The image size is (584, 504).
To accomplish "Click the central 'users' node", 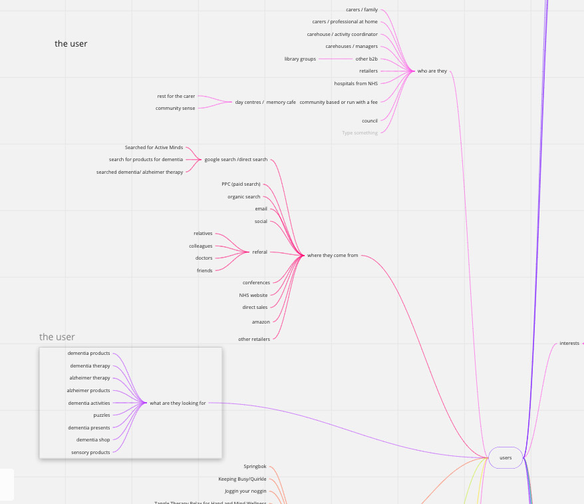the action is tap(506, 457).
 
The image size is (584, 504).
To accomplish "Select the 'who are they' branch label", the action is tap(432, 71).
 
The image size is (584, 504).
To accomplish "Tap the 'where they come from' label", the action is tap(332, 255).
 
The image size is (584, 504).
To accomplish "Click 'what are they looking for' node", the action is tap(178, 403).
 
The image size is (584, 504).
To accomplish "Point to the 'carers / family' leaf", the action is tap(361, 10).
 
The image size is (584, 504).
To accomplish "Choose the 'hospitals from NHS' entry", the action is tap(355, 84).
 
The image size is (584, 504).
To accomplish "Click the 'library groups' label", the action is tap(300, 59).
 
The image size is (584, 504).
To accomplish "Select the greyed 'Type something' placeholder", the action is tap(359, 133).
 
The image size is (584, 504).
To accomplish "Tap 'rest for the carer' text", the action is tap(176, 97).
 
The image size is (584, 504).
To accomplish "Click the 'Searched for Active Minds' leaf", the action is tap(154, 148).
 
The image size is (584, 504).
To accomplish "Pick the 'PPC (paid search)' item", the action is tap(241, 184).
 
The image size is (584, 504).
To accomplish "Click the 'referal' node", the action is tap(259, 252).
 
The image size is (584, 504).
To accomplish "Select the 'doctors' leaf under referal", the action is tap(204, 258).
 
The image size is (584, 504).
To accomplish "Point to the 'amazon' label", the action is tap(261, 322).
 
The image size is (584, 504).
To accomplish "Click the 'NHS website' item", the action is tap(253, 295).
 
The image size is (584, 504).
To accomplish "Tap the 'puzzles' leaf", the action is tap(102, 415).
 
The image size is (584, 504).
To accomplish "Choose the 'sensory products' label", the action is tap(90, 453).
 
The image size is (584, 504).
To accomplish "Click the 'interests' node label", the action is tap(569, 344).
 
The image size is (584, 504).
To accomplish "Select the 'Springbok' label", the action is tap(255, 467).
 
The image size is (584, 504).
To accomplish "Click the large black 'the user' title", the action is tap(71, 44).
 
